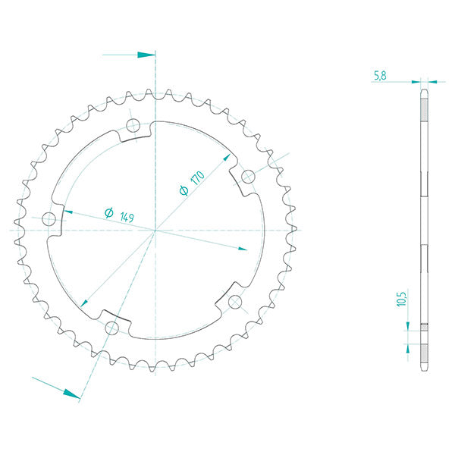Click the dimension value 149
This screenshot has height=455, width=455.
click(126, 218)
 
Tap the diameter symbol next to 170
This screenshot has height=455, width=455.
click(184, 190)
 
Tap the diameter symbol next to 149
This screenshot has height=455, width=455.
click(109, 213)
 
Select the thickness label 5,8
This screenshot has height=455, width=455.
click(381, 74)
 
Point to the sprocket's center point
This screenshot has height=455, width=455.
click(155, 229)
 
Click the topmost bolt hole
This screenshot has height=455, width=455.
click(133, 125)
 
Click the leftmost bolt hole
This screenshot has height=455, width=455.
click(50, 220)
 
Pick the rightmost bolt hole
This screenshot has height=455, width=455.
click(248, 177)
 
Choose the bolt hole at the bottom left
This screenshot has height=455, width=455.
click(112, 327)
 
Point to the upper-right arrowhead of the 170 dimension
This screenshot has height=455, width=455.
click(226, 158)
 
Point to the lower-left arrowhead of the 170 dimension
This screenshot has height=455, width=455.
click(84, 301)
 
